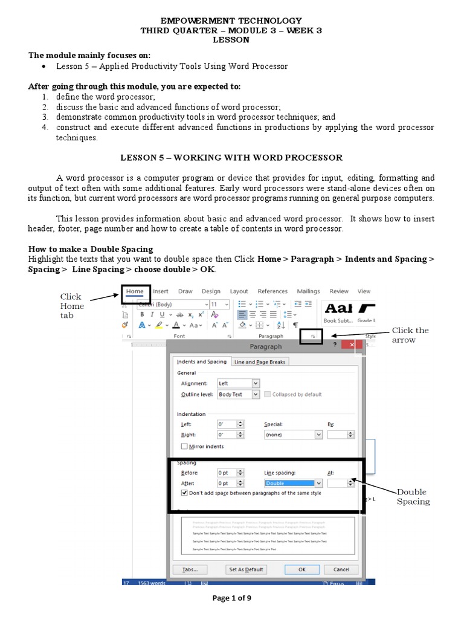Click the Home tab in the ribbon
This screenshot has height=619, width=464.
pos(135,291)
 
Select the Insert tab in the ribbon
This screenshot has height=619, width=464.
pos(161,291)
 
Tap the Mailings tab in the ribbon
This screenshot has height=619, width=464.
pos(308,291)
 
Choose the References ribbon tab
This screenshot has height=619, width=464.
pos(272,291)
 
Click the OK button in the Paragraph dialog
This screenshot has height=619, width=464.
pos(301,569)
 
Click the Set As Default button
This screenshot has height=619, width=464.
pos(246,569)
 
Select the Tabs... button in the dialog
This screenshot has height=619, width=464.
pos(190,569)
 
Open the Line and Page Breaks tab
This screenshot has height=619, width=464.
pos(260,362)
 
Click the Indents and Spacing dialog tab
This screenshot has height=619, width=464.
pos(202,362)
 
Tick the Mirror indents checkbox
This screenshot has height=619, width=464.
pos(185,447)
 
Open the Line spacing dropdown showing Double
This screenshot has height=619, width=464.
pos(293,484)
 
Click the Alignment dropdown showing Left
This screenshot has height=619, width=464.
pos(238,383)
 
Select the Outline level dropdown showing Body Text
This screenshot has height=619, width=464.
pos(238,395)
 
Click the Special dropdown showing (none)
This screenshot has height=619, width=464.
pos(293,435)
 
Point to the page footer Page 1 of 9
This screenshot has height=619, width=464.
pos(231,598)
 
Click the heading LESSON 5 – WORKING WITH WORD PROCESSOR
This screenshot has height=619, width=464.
pos(231,158)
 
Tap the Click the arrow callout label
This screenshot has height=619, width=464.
pos(410,335)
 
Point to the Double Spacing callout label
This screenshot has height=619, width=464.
pos(413,497)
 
